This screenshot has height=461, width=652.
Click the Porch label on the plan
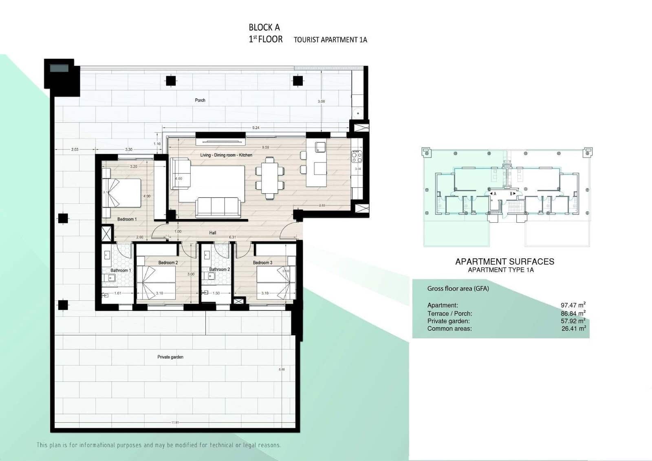coord(200,100)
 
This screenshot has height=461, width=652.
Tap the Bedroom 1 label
coord(127,219)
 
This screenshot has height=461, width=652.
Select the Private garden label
coord(170,357)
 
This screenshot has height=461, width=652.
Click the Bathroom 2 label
coord(219,269)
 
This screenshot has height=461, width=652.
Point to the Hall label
coord(213,233)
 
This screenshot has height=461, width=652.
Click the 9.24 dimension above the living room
coord(256,128)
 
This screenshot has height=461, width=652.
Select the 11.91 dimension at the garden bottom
coord(175,422)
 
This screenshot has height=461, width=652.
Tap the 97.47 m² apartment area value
coord(573,305)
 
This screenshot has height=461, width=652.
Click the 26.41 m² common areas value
coord(573,328)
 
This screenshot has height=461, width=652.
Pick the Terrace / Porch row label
coord(449,313)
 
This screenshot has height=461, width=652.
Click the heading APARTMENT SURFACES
coord(504,262)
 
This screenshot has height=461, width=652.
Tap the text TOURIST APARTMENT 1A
coord(330,40)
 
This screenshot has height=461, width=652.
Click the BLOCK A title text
coord(264,27)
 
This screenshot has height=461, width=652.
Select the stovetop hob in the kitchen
coord(357,156)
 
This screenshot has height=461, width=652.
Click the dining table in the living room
coord(270,177)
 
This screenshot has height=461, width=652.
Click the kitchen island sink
coord(320,147)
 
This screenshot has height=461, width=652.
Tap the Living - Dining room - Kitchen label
coord(226,155)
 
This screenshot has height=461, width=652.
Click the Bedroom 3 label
coord(262,262)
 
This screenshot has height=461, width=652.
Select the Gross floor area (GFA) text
coord(458,288)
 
